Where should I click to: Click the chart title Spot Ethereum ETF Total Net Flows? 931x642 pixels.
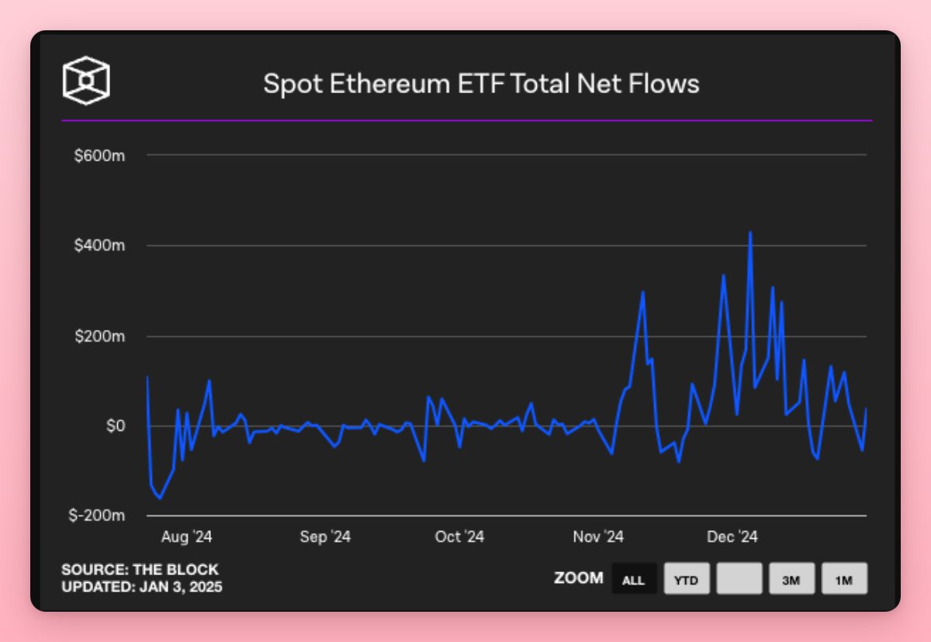pyautogui.click(x=481, y=83)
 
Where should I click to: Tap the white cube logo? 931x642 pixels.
pyautogui.click(x=86, y=80)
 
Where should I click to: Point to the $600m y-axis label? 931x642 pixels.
pyautogui.click(x=99, y=155)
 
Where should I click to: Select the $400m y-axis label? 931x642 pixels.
pyautogui.click(x=99, y=246)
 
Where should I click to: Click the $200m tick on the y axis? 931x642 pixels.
pyautogui.click(x=99, y=337)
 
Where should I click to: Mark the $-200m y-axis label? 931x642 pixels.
pyautogui.click(x=96, y=516)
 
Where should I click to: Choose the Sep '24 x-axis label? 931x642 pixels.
pyautogui.click(x=325, y=537)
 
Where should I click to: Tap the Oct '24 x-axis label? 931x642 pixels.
pyautogui.click(x=459, y=537)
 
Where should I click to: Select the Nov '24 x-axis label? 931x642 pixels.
pyautogui.click(x=598, y=537)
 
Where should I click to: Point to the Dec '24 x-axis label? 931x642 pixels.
pyautogui.click(x=732, y=537)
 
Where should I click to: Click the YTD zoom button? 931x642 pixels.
pyautogui.click(x=687, y=579)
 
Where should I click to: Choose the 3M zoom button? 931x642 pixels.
pyautogui.click(x=791, y=579)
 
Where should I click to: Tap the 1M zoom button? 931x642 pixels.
pyautogui.click(x=844, y=579)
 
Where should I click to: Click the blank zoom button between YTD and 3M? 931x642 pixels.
pyautogui.click(x=739, y=579)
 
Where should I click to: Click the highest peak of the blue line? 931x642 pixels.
pyautogui.click(x=749, y=232)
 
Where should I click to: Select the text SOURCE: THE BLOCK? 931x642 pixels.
pyautogui.click(x=140, y=570)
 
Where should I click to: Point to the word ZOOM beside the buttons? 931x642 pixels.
pyautogui.click(x=578, y=578)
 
